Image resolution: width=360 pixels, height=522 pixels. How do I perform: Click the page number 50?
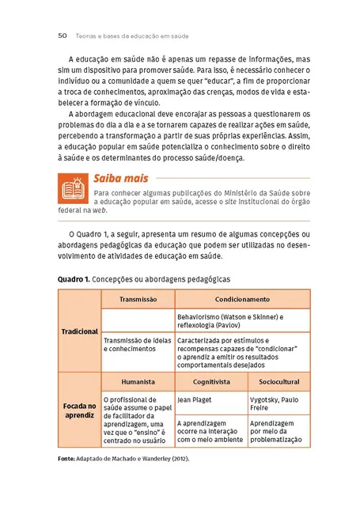point(62,35)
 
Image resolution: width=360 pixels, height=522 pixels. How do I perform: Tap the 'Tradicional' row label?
point(79,331)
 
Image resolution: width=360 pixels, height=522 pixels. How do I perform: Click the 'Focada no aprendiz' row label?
point(79,410)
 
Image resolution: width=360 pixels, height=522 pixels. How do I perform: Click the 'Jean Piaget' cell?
point(195,399)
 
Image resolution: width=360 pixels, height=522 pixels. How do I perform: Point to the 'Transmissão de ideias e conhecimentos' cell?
point(137,345)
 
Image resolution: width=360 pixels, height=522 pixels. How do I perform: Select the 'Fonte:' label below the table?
point(69,459)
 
